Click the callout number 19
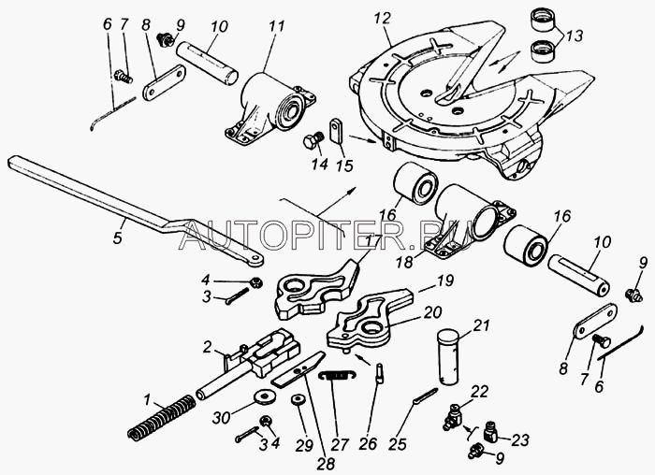445,280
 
